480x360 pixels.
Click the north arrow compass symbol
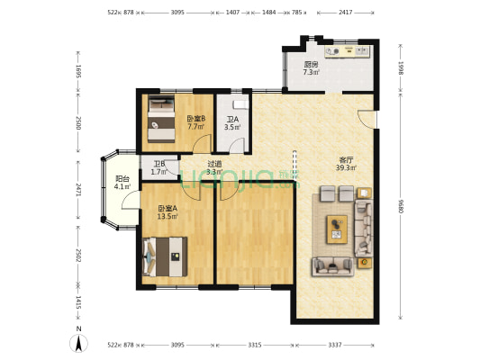78,343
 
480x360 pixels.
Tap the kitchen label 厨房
311,65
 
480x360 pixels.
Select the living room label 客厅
346,160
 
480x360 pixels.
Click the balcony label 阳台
122,179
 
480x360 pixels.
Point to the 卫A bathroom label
232,120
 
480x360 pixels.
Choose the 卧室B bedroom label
196,119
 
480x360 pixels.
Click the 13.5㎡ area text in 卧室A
168,217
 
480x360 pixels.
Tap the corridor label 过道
214,164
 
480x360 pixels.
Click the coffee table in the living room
337,229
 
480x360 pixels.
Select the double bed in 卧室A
165,256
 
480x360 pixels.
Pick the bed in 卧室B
161,119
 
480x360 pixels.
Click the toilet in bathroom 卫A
240,105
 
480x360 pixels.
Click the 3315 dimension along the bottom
255,345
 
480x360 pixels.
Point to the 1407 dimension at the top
232,13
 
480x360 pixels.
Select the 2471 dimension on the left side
78,191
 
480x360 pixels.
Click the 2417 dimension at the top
346,13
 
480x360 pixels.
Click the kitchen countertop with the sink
348,51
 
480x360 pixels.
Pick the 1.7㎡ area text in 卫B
158,172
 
